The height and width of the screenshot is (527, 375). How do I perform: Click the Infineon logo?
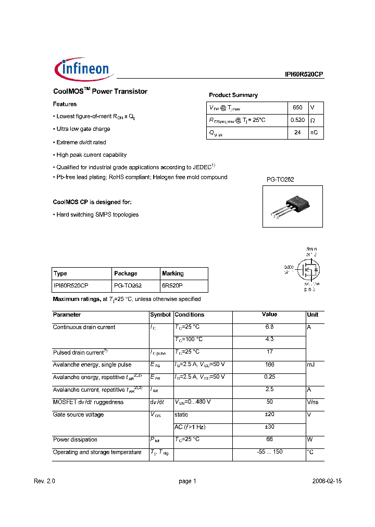click(82, 69)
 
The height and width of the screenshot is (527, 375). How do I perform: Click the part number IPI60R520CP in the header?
click(301, 74)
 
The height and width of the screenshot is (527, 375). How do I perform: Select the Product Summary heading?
click(233, 95)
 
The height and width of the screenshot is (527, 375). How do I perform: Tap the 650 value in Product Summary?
click(297, 107)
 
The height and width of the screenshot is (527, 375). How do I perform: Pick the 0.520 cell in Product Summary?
click(297, 120)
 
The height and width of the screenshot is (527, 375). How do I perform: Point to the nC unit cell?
click(314, 132)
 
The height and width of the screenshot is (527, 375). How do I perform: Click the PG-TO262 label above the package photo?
click(280, 180)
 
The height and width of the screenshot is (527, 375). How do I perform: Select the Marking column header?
click(173, 273)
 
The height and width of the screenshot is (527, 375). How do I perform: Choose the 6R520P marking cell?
click(172, 286)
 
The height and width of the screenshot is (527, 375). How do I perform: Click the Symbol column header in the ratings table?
click(160, 315)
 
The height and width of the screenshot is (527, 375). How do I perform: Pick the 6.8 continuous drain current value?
click(269, 327)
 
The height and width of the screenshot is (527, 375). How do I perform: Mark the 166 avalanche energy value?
click(269, 365)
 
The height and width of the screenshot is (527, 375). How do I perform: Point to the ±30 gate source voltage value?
click(269, 427)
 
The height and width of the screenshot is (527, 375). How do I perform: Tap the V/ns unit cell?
click(312, 402)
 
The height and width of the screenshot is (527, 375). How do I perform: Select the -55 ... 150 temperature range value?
click(269, 452)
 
